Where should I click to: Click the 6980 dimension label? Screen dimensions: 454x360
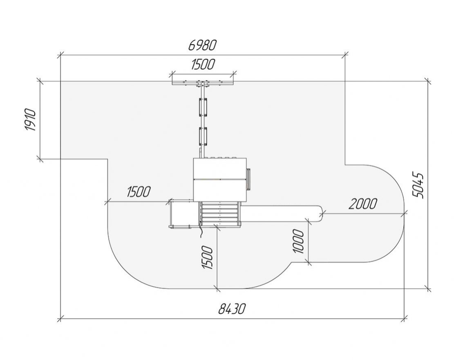coord(202,45)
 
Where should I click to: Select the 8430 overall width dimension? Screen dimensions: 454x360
coord(232,309)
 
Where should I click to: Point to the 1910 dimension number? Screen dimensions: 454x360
coord(30,120)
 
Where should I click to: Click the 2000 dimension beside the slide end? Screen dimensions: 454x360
coord(363,204)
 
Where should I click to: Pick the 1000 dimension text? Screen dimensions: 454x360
coord(299,241)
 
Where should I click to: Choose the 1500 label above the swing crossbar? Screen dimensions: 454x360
coord(203,64)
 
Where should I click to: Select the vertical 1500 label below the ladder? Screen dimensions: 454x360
coord(208,257)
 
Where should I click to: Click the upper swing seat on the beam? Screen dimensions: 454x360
coord(203,107)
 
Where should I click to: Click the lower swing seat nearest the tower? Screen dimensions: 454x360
coord(203,136)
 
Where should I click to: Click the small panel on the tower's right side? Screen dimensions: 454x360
coord(248,179)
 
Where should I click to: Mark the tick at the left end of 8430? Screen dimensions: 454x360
coord(60,319)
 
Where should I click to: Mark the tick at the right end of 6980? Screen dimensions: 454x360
coord(345,54)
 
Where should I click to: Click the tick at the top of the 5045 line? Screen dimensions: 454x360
coord(428,81)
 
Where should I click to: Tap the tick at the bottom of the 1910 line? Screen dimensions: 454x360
coord(40,159)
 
